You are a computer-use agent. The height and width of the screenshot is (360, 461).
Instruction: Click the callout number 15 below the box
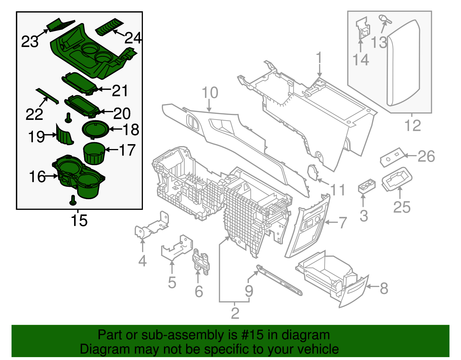79,221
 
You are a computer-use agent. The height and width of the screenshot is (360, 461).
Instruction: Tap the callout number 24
133,38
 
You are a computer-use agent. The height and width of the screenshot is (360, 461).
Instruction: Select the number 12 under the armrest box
413,126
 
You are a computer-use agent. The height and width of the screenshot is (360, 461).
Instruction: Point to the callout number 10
210,93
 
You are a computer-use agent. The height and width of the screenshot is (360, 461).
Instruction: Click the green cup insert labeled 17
93,154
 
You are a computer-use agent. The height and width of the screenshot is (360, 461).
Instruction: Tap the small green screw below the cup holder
73,200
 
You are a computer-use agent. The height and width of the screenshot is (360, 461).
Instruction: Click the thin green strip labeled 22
47,95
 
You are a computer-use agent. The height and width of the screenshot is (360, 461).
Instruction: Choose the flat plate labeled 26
391,157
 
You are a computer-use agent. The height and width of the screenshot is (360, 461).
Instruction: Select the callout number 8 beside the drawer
384,288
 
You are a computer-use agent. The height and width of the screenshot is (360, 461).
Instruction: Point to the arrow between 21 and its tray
104,89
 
